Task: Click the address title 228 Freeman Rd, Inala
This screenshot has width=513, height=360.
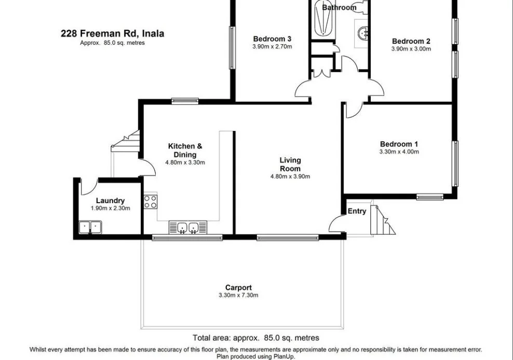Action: (112, 34)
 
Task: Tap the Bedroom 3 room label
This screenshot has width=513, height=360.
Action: (272, 38)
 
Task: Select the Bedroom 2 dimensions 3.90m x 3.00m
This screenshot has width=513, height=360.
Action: (411, 49)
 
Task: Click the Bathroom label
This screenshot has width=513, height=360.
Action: (339, 7)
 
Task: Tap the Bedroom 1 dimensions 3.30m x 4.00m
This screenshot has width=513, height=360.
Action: (399, 152)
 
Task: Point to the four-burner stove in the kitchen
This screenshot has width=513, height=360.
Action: (151, 202)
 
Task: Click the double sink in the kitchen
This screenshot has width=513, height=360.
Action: (187, 228)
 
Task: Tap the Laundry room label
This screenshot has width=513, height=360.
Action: (110, 201)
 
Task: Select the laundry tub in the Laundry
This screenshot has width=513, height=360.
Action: (90, 227)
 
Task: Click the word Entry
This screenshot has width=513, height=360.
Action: (357, 211)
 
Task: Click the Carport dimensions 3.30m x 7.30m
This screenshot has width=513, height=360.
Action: (238, 295)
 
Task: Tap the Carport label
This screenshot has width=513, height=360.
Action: (238, 287)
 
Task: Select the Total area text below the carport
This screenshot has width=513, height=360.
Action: (256, 338)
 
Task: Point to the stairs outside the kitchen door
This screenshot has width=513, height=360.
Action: (126, 142)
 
